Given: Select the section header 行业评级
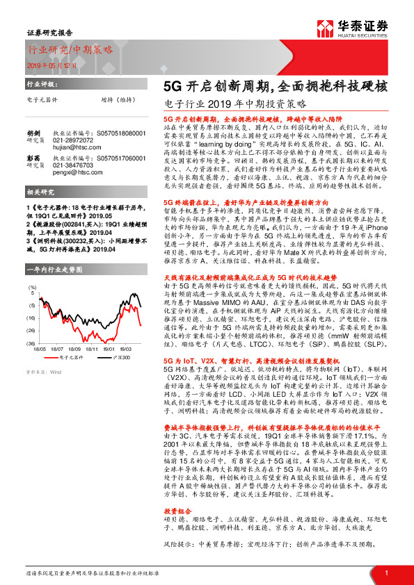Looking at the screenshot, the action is click(40, 83).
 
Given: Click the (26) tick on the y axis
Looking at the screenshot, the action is click(31, 318).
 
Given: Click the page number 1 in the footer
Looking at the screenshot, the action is click(385, 572).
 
